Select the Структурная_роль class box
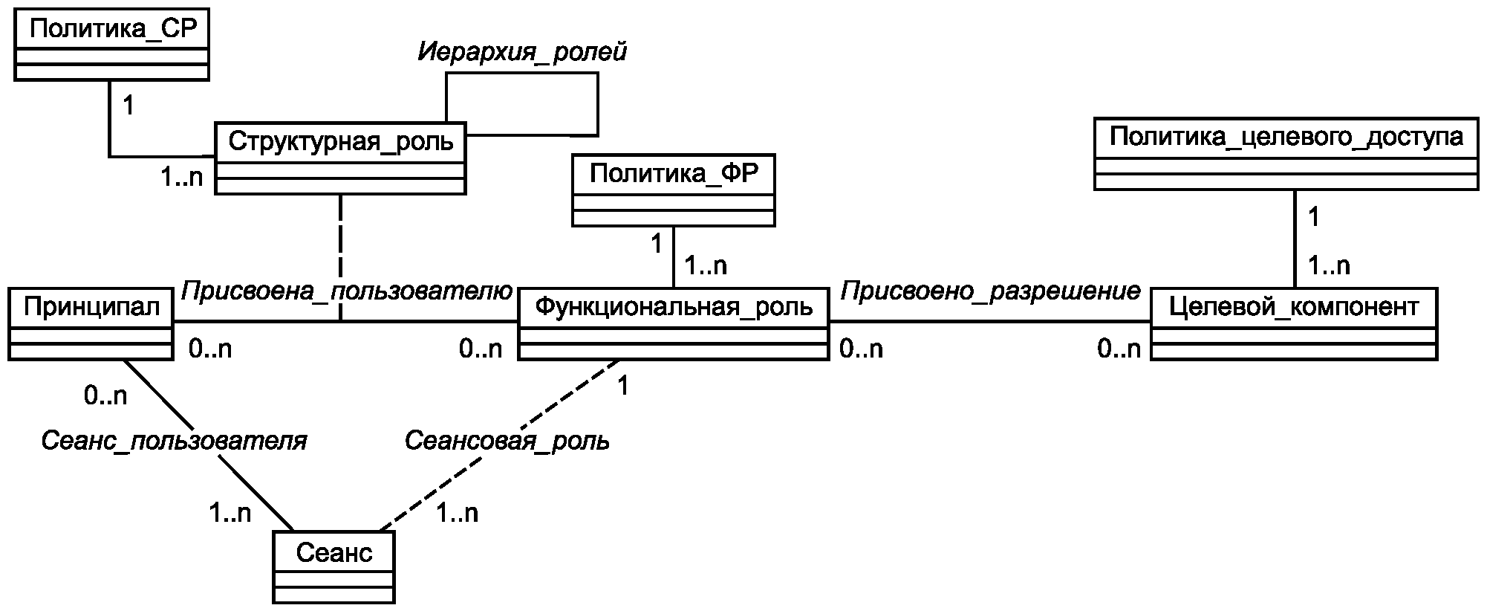[x=340, y=158]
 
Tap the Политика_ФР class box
[x=673, y=190]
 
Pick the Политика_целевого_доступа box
[x=1286, y=154]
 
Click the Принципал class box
[x=91, y=325]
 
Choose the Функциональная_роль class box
[x=673, y=323]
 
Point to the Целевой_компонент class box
[x=1293, y=323]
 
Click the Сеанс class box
[x=333, y=566]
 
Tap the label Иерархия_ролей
[x=521, y=52]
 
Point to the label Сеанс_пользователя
[x=173, y=441]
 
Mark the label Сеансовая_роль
[x=507, y=441]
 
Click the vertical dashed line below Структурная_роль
[x=340, y=253]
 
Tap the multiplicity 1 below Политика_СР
[x=128, y=106]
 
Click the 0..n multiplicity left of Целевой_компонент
[x=1119, y=349]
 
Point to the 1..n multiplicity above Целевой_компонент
[x=1328, y=265]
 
